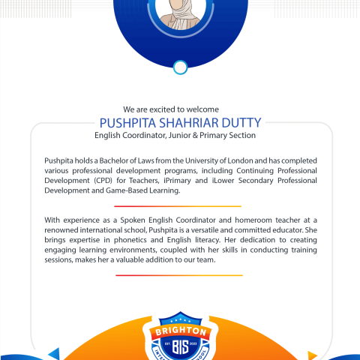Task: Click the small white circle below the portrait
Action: (180, 68)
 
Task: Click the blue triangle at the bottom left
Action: (53, 353)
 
